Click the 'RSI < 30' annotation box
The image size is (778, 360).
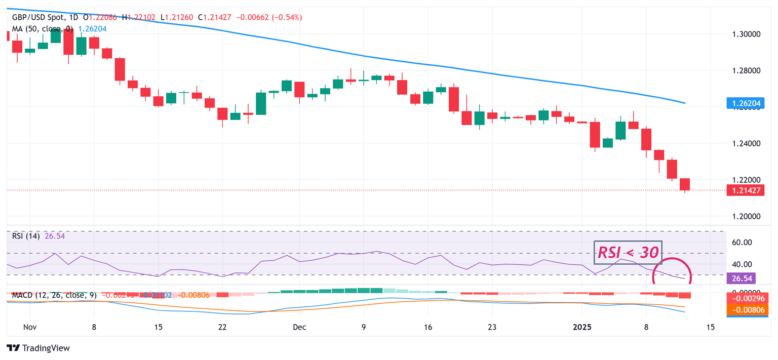pos(628,252)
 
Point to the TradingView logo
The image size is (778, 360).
pos(38,348)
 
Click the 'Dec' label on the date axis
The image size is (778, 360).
pos(299,327)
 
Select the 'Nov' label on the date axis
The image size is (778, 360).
pos(30,327)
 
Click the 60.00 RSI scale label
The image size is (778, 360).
pos(742,242)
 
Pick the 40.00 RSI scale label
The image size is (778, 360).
pos(742,264)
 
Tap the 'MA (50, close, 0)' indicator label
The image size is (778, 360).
pos(43,29)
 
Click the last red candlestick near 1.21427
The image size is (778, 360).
pos(685,184)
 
